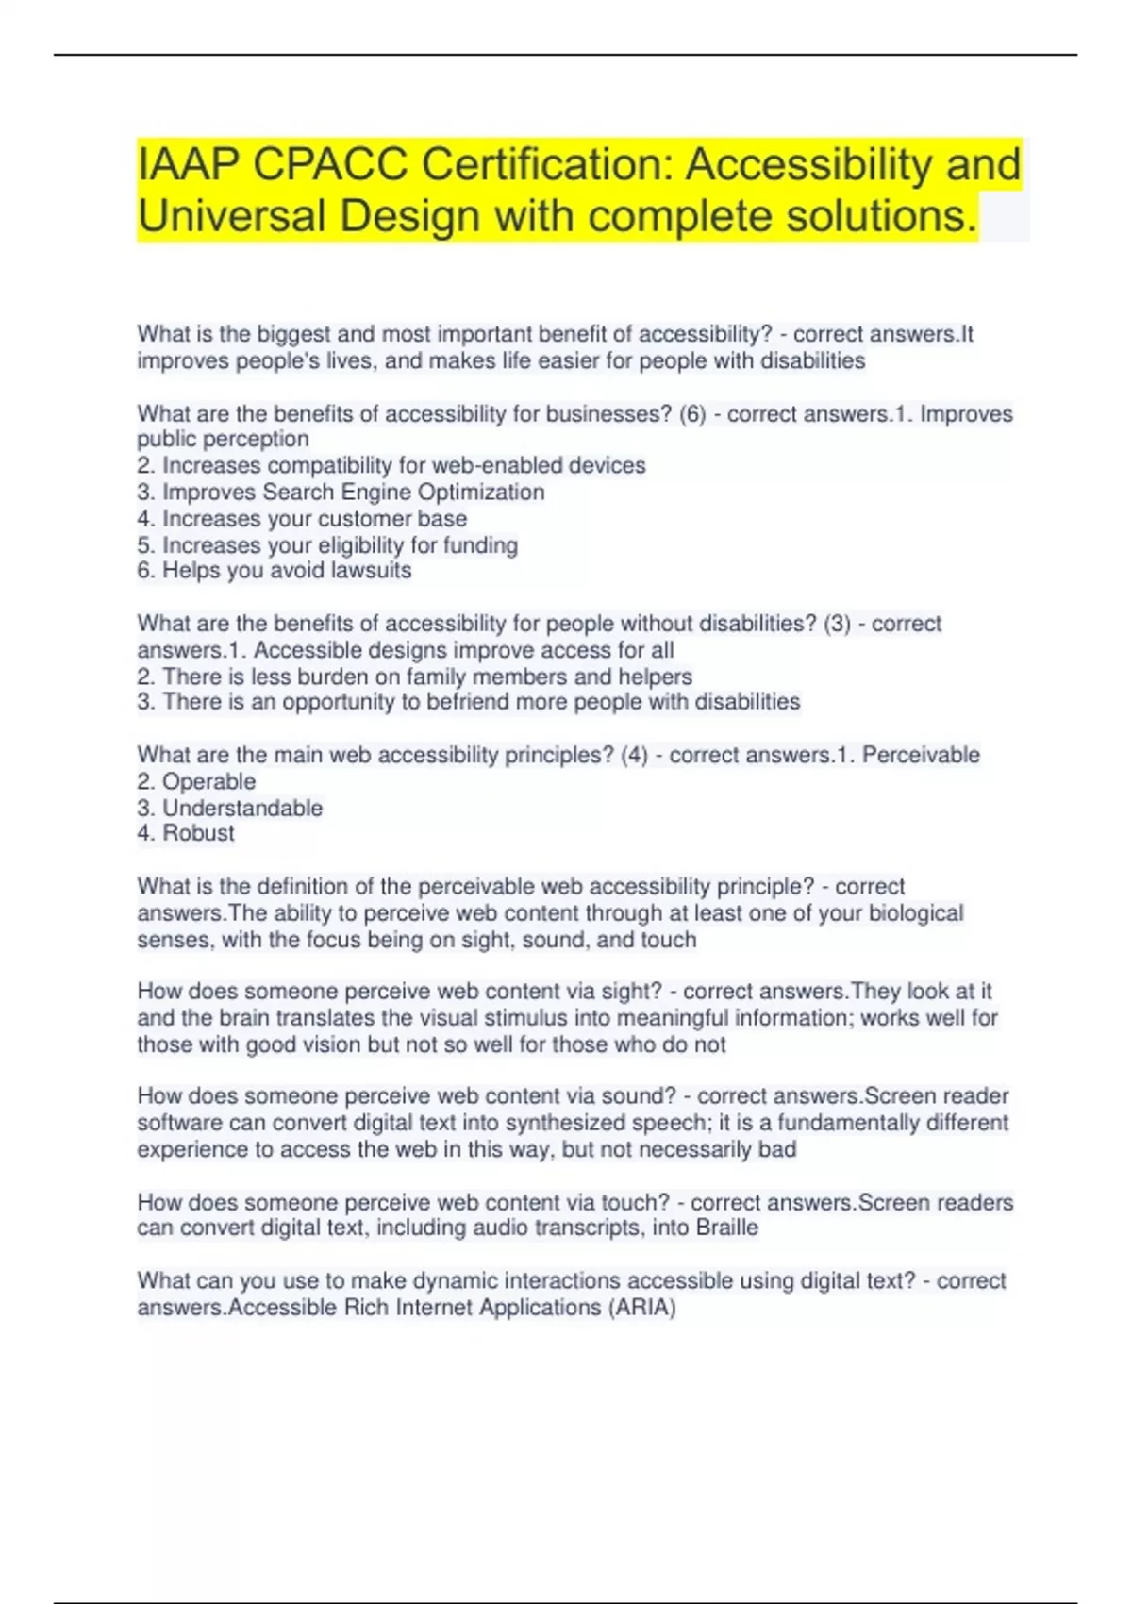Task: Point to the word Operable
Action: click(x=208, y=782)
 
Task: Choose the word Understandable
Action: click(x=242, y=809)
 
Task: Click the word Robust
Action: click(x=198, y=833)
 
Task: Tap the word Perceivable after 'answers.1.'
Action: click(x=921, y=755)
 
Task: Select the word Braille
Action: click(x=726, y=1228)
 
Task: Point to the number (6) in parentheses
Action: click(x=692, y=414)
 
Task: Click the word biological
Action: click(x=915, y=913)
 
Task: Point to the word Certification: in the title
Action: click(x=546, y=165)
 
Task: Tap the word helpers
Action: click(x=655, y=677)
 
